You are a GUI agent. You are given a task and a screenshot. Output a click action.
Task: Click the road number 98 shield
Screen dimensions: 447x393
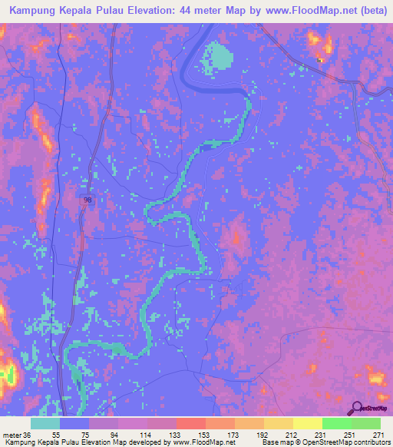click(86, 200)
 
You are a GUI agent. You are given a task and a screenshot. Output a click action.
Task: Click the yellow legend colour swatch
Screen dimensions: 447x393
click(307, 424)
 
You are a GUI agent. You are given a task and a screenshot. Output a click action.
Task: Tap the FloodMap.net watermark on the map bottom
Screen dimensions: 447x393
click(219, 401)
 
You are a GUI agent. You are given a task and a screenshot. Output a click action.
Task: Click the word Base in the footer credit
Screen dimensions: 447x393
click(272, 442)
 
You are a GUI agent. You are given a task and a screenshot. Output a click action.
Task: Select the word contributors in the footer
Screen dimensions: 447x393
click(369, 442)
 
